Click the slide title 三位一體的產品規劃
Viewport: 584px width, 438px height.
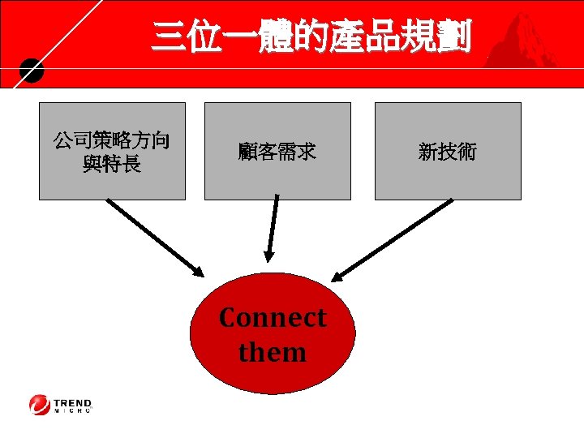click(x=311, y=37)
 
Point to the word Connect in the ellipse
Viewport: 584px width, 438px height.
click(x=273, y=317)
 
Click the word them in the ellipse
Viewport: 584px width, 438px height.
click(x=273, y=353)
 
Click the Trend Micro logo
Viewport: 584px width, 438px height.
click(x=62, y=405)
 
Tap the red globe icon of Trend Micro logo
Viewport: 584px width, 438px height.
click(x=39, y=405)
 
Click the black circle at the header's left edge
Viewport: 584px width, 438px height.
click(x=30, y=72)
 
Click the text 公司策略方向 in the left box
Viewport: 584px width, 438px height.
click(x=112, y=141)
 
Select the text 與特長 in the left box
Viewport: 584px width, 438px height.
click(x=112, y=165)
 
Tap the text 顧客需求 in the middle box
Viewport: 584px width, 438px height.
click(x=277, y=152)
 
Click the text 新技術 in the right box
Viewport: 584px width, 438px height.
click(x=448, y=152)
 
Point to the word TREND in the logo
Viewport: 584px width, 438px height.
click(x=73, y=401)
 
